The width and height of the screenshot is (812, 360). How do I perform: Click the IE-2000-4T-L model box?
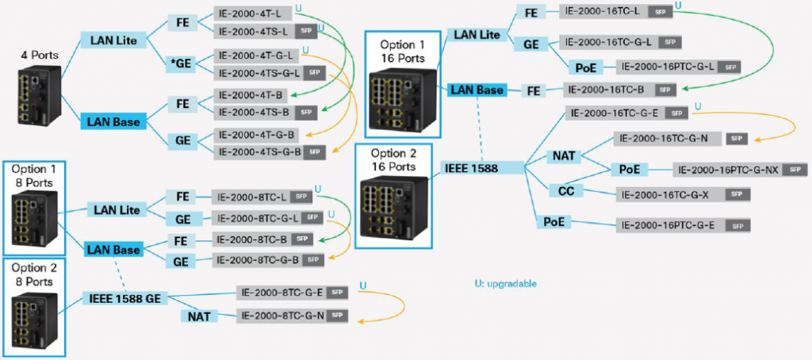(x=253, y=13)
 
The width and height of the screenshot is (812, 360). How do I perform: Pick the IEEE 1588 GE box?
(x=126, y=298)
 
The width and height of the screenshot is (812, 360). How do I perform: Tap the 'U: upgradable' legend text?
(x=508, y=283)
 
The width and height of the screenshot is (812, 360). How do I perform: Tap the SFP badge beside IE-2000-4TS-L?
(x=308, y=31)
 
